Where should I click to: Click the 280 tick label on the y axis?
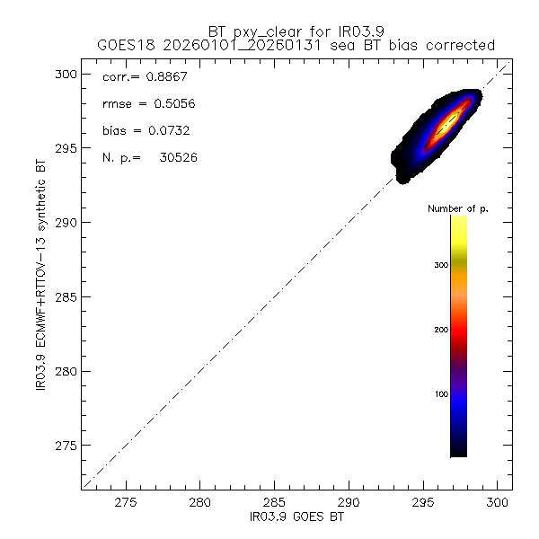point(66,371)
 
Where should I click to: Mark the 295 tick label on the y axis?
point(66,148)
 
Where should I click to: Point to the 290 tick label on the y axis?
point(66,223)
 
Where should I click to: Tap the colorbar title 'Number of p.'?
point(458,208)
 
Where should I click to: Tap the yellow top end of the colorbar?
point(458,222)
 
